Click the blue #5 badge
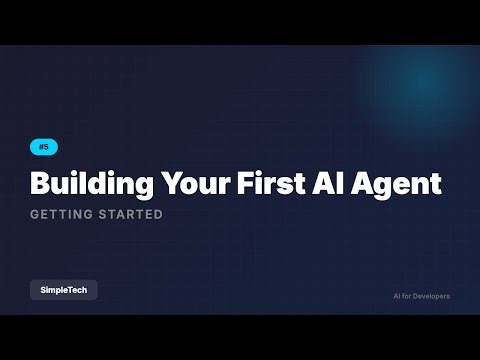coord(43,147)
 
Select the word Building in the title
coord(90,184)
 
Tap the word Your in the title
coord(193,184)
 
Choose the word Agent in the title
coord(402,184)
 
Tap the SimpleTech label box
coord(63,290)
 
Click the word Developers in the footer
coord(430,296)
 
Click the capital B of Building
coord(40,184)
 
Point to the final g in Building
coord(143,187)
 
